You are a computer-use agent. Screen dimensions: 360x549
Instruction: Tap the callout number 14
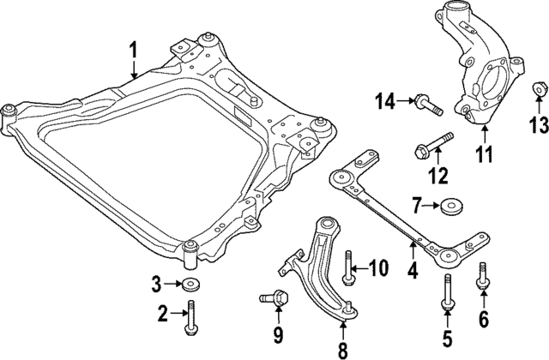[383, 103]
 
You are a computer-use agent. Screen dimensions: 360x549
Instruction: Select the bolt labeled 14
[426, 105]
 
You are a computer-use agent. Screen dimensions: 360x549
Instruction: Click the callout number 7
[417, 206]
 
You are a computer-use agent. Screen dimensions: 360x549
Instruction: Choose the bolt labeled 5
[446, 292]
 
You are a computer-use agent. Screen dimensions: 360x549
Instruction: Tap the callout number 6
[482, 321]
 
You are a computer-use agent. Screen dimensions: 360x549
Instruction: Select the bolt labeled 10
[347, 267]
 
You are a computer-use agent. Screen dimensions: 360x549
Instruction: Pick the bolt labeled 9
[273, 301]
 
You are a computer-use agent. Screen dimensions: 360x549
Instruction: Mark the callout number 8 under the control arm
[342, 349]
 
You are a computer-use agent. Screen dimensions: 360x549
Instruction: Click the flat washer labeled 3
[188, 285]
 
